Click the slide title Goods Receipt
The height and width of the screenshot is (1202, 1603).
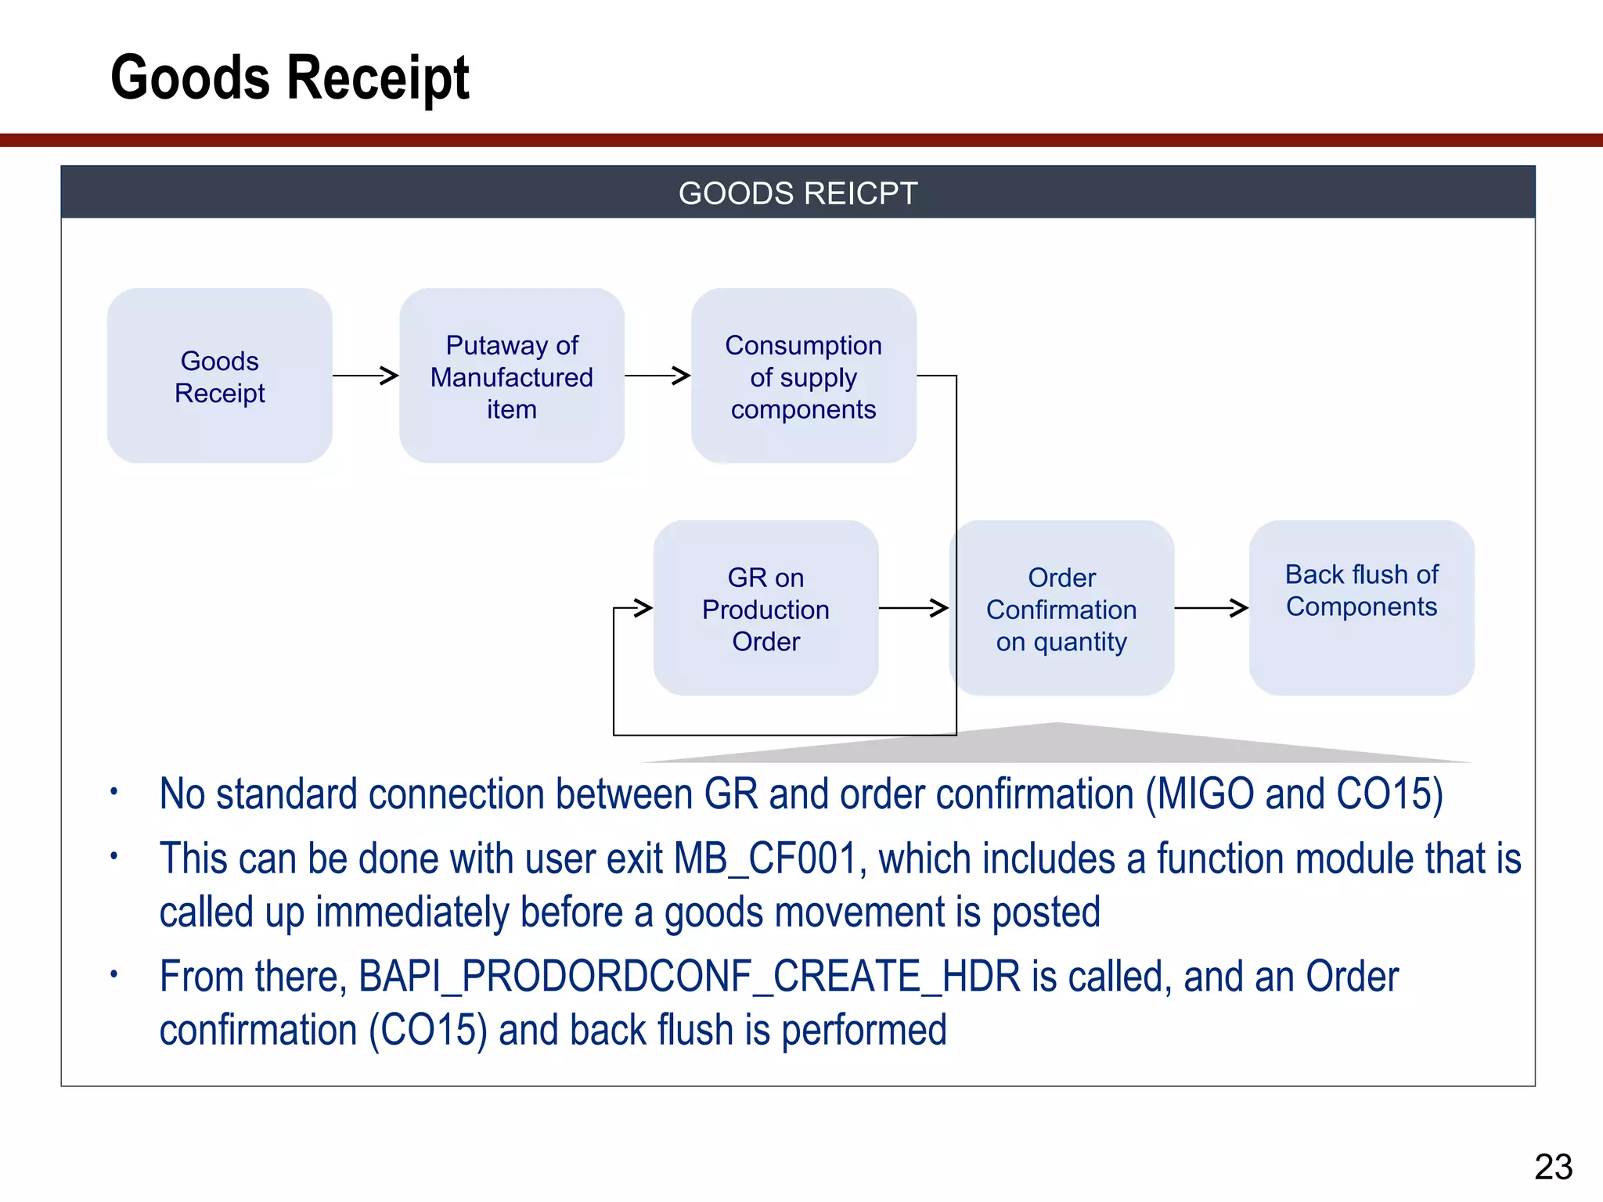[x=290, y=77]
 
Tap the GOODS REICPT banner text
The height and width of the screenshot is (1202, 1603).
[x=797, y=193]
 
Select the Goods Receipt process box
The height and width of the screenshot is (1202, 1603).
[x=220, y=376]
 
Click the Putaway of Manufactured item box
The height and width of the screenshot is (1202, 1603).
[x=511, y=376]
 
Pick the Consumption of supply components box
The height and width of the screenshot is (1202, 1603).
[x=803, y=376]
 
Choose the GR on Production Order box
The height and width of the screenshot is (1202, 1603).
[x=765, y=609]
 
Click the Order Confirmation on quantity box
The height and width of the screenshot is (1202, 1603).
[x=1061, y=609]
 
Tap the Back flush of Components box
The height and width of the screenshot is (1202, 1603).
[x=1361, y=607]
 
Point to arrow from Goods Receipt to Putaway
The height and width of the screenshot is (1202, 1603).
[x=366, y=376]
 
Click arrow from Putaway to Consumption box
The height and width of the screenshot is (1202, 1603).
[x=657, y=376]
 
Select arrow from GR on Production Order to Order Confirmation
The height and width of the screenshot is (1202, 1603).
[x=913, y=607]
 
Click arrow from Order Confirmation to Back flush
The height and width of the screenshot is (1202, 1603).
[x=1211, y=607]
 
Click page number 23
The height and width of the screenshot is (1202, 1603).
[x=1553, y=1167]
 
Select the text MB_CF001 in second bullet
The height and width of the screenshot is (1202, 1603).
[x=769, y=859]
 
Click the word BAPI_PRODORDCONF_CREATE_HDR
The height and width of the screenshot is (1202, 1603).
[x=690, y=977]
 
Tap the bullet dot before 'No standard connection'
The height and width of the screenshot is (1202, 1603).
[x=113, y=791]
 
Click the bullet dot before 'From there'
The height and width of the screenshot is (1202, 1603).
[x=113, y=974]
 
